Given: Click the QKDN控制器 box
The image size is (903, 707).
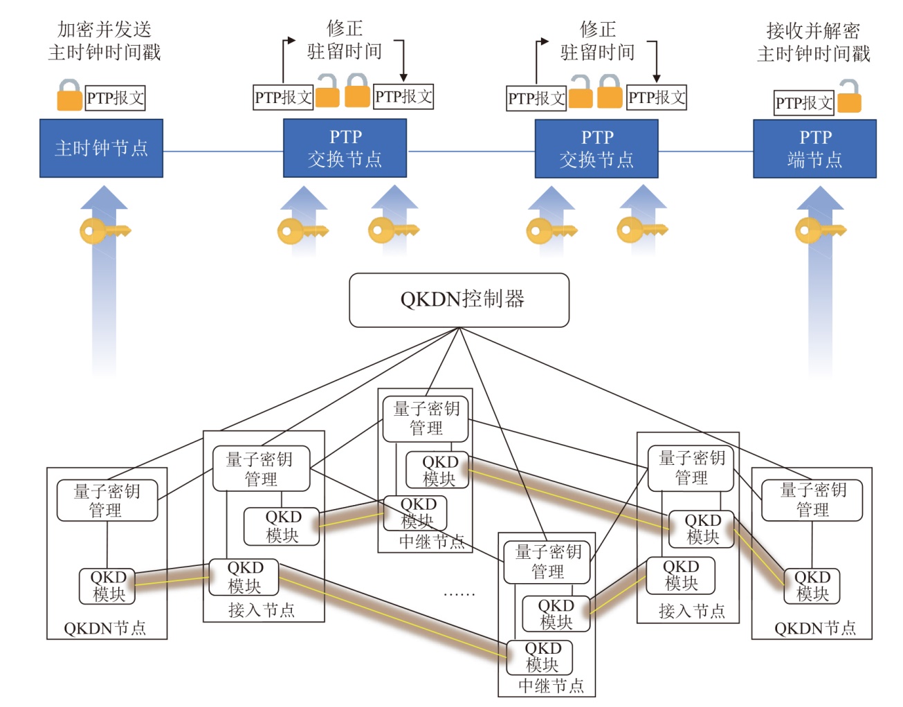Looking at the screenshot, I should point(459,300).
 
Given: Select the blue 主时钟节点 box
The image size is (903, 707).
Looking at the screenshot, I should point(101,148).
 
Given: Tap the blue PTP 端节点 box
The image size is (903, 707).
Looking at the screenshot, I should point(814,149).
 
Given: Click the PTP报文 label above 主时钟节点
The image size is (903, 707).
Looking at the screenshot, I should point(116,98).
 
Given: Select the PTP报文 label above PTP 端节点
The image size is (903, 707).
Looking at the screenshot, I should point(804,103).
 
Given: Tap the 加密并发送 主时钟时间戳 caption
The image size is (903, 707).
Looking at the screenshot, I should point(104,41).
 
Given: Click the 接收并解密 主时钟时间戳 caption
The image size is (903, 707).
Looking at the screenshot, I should point(814,42).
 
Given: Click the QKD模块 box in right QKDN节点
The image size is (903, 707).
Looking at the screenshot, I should point(812,586).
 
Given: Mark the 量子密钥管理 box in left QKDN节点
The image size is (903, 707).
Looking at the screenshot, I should point(107,501).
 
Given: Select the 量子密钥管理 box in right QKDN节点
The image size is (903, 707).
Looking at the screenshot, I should point(812,500).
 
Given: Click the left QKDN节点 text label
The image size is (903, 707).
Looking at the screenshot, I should point(105,628).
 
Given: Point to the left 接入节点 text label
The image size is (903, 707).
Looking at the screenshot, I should point(262,610).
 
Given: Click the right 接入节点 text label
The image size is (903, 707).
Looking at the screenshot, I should point(692,611).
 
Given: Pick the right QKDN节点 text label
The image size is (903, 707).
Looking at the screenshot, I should point(815,628).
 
